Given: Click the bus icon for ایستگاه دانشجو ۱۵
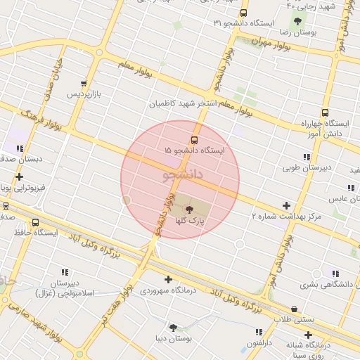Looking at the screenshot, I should [x=195, y=140].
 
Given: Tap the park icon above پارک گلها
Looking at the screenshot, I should [x=188, y=209].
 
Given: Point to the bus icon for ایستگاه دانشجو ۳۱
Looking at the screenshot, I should [x=243, y=13].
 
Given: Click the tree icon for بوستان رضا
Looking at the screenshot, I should [x=298, y=21].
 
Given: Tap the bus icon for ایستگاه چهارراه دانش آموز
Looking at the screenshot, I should [x=325, y=112].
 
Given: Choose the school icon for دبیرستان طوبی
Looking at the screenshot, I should [x=307, y=157].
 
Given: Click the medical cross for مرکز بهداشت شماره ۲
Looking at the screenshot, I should [x=286, y=205].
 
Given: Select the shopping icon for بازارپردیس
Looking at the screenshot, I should [x=84, y=83].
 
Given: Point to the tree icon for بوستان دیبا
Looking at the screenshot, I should [x=173, y=327].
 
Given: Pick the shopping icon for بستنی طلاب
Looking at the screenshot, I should [x=293, y=309].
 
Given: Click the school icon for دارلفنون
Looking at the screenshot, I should [x=259, y=331].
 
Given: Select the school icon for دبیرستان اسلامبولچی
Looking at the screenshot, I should [x=65, y=272].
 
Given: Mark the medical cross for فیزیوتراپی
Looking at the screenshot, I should [x=19, y=176].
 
